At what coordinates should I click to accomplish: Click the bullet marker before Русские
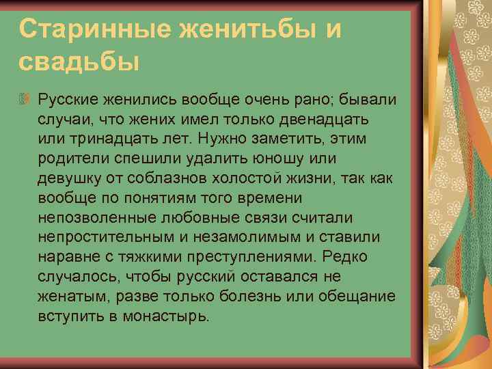[x=26, y=100]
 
